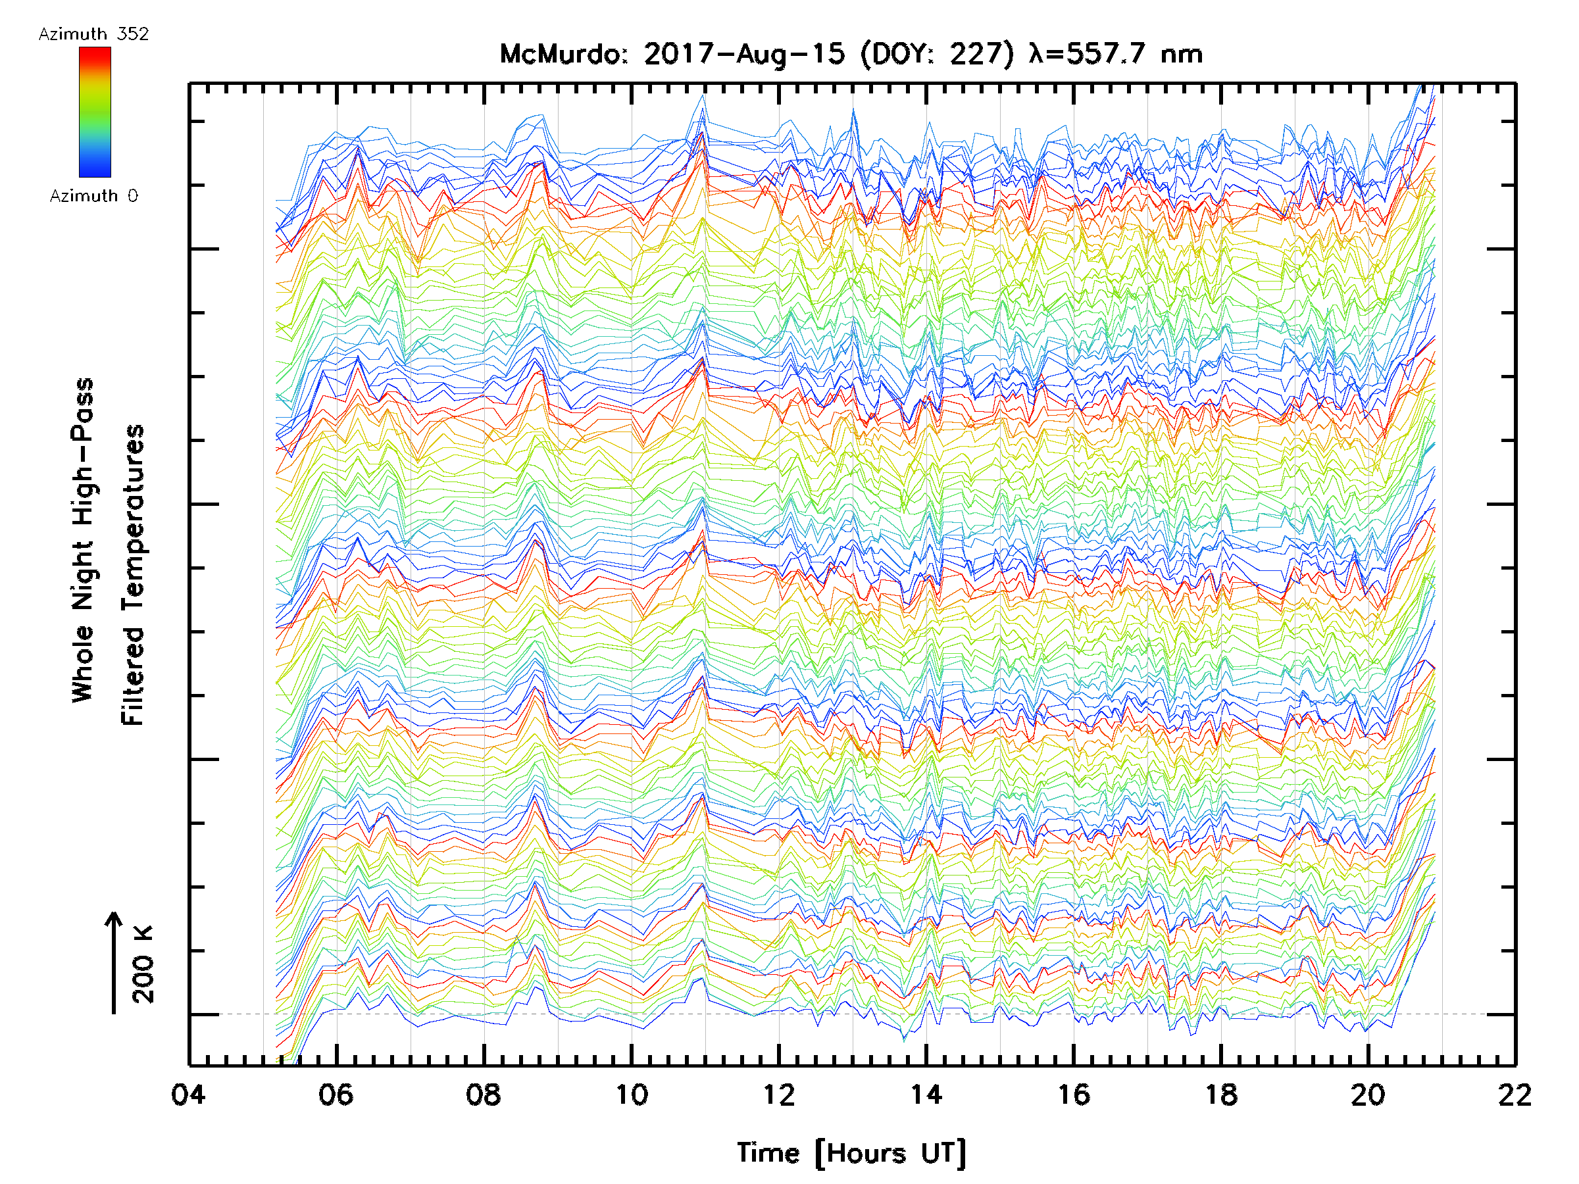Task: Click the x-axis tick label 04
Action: click(x=188, y=1094)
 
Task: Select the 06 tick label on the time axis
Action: click(x=336, y=1094)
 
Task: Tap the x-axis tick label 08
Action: click(x=484, y=1094)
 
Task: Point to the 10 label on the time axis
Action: click(x=631, y=1094)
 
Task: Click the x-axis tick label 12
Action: click(x=778, y=1094)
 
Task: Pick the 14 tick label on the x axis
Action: click(x=926, y=1094)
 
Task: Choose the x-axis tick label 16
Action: click(x=1073, y=1094)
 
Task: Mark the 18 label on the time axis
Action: click(x=1220, y=1094)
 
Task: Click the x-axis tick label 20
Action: click(x=1368, y=1094)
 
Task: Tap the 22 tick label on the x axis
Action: click(x=1515, y=1094)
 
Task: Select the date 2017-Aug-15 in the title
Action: click(x=744, y=54)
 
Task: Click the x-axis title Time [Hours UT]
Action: click(x=851, y=1153)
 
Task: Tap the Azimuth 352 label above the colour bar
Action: click(x=93, y=34)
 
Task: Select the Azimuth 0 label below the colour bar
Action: click(x=93, y=195)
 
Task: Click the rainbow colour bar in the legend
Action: click(x=95, y=112)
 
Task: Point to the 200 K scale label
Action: click(x=143, y=964)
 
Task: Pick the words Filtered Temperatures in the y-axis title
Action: click(x=133, y=574)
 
